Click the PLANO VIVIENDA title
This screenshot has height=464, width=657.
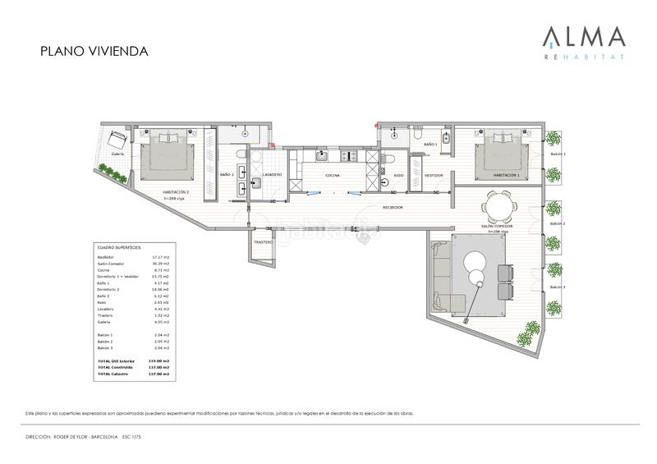[94, 51]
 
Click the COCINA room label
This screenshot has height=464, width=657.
[333, 176]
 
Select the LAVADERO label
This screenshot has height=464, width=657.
[272, 175]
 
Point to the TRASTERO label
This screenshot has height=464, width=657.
[263, 242]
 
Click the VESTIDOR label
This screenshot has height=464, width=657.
[434, 176]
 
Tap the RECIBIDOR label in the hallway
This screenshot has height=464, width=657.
[392, 208]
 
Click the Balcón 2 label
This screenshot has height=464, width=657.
[558, 223]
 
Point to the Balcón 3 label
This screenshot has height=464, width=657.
[558, 287]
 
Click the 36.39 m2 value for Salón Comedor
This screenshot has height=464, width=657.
[161, 264]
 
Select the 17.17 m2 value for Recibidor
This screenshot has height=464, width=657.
[161, 257]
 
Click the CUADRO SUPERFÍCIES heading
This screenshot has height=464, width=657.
[119, 246]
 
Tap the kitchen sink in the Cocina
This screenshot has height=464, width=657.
[323, 156]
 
